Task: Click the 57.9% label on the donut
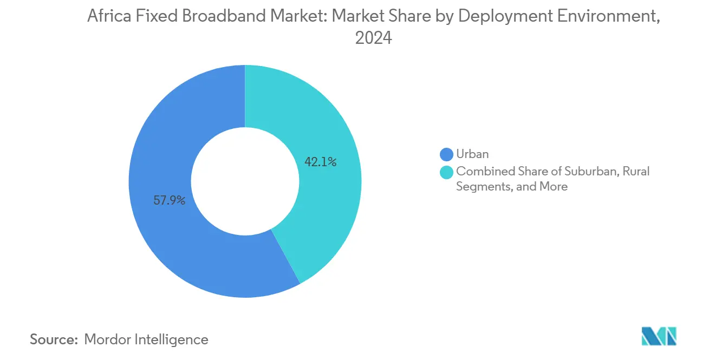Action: (x=170, y=201)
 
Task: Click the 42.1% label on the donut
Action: (x=321, y=161)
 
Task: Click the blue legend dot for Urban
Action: (x=447, y=155)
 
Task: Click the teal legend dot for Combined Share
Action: (x=447, y=172)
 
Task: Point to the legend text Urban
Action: (x=472, y=155)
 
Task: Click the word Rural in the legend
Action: (x=636, y=172)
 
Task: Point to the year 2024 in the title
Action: (x=373, y=38)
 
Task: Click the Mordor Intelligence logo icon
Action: (x=659, y=336)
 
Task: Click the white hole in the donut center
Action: (x=245, y=181)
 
